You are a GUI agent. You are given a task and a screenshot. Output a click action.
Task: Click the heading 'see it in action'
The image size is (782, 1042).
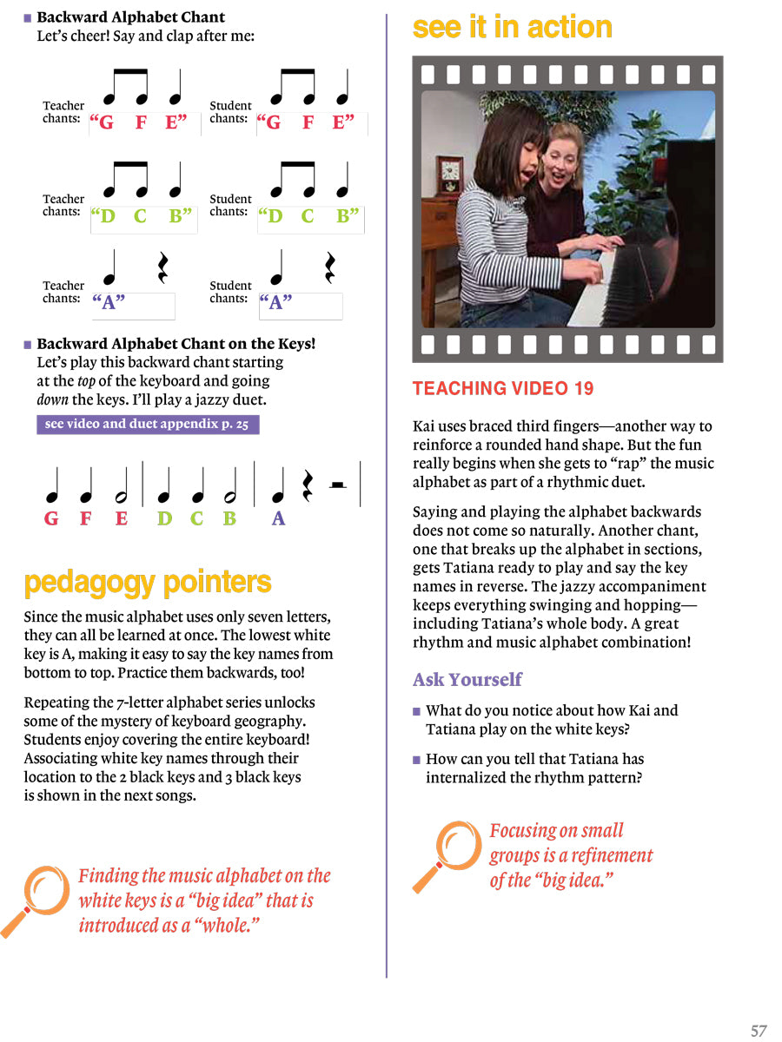512,28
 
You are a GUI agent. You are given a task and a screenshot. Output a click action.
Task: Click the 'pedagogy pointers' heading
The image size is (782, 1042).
148,583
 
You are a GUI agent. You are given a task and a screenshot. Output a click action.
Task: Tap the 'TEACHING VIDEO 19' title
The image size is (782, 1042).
503,389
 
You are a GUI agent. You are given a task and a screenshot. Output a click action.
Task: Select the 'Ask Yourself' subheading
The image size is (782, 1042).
467,679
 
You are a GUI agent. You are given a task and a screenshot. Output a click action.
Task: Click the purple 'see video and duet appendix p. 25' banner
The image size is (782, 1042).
148,425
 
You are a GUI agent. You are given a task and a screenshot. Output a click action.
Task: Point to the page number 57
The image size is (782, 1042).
759,1031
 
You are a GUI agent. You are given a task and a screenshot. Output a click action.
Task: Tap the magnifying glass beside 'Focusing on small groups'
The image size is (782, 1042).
448,854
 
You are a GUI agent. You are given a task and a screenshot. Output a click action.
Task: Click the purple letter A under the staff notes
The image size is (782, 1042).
278,519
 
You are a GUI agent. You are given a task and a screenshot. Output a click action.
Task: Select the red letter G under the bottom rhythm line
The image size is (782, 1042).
51,519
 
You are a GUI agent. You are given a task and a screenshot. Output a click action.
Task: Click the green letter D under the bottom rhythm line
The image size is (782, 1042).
164,519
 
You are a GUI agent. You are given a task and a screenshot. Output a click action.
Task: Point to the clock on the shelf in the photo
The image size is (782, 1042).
449,175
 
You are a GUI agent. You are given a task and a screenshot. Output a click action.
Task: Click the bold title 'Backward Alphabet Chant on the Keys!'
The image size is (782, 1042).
176,344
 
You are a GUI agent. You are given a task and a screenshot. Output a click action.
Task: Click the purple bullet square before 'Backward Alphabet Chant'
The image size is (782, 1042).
28,17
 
